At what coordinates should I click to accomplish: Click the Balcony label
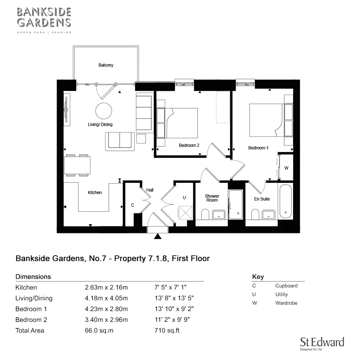[x=106, y=65]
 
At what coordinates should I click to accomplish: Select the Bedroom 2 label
[x=189, y=145]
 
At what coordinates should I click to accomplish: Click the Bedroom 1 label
[x=258, y=148]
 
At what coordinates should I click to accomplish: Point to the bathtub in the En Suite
[x=285, y=201]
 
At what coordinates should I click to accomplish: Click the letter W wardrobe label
[x=287, y=168]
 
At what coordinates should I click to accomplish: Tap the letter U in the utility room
[x=184, y=198]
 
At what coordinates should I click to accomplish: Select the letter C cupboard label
[x=132, y=205]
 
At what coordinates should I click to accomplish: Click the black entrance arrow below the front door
[x=157, y=236]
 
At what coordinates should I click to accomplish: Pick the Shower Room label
[x=212, y=198]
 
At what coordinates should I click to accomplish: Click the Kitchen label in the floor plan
[x=95, y=193]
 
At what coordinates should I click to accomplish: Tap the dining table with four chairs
[x=77, y=165]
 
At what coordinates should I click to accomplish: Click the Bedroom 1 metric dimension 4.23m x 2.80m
[x=106, y=309]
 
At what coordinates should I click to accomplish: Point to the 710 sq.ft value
[x=167, y=330]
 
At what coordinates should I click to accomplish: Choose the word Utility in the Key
[x=282, y=294]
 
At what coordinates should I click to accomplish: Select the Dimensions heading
[x=33, y=277]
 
